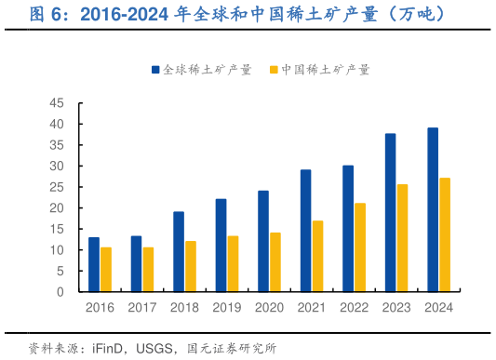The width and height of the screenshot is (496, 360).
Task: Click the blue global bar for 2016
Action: [94, 265]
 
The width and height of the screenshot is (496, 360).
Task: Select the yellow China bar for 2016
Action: [106, 270]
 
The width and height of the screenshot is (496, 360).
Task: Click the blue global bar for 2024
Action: [433, 210]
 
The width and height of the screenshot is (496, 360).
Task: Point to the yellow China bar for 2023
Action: [402, 238]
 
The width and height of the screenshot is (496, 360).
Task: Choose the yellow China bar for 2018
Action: [191, 267]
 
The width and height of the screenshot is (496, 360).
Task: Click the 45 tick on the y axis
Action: [57, 103]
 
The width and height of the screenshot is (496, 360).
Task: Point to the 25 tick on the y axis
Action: [57, 187]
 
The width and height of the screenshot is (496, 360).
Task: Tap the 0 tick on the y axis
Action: [60, 292]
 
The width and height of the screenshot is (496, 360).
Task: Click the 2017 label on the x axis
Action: [142, 308]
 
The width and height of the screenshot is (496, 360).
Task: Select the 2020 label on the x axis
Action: [270, 308]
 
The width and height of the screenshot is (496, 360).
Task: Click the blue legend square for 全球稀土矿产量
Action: [154, 69]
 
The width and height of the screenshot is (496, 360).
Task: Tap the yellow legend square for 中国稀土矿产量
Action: [273, 69]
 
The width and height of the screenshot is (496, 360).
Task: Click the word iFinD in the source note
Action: [110, 348]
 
